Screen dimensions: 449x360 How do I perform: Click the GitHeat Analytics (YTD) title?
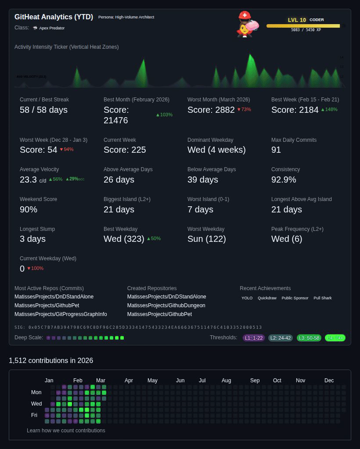[54, 17]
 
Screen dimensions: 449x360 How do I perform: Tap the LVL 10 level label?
[297, 20]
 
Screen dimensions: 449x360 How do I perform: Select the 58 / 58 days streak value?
[43, 110]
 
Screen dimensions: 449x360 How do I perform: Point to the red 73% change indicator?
[244, 109]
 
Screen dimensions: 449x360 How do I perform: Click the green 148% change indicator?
[329, 109]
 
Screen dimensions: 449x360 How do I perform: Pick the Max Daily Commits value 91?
[276, 150]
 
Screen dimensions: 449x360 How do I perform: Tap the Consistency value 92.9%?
[284, 180]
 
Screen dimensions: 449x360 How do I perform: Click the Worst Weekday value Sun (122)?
[206, 239]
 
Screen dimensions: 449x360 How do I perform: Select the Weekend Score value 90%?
[29, 209]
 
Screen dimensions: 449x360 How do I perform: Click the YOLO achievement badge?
[247, 298]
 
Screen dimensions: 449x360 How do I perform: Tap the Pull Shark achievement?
[323, 298]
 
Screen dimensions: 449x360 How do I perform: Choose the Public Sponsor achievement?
[295, 298]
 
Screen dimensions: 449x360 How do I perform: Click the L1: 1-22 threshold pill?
[254, 338]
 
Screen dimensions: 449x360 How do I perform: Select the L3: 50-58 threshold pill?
[309, 338]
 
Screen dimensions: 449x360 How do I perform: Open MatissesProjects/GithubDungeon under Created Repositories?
[166, 305]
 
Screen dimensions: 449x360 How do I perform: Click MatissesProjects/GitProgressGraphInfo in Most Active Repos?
[61, 314]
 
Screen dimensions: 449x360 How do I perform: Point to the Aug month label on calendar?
[226, 381]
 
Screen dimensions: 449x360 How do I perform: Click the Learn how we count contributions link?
[66, 431]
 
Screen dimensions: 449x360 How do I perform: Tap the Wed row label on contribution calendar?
[36, 404]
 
